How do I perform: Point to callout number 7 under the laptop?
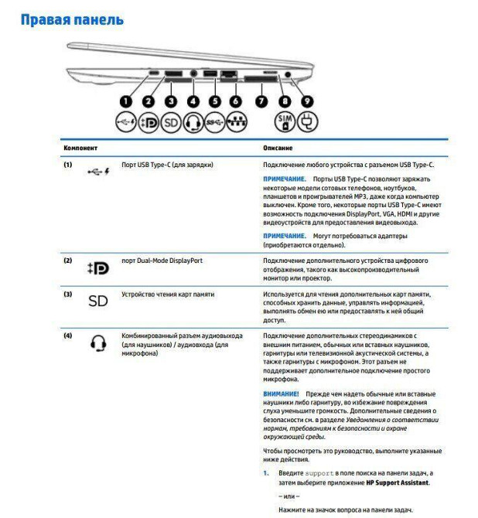pos(261,101)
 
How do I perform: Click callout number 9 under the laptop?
pos(308,101)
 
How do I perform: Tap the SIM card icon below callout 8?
pos(285,122)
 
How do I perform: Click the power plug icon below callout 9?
pos(309,122)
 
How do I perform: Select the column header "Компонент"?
pos(81,147)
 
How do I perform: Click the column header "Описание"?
pos(278,147)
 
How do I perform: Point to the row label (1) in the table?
pos(68,165)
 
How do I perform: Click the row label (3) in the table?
pos(68,295)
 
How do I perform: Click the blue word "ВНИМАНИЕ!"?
pos(281,394)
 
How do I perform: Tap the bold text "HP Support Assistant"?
pos(398,482)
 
